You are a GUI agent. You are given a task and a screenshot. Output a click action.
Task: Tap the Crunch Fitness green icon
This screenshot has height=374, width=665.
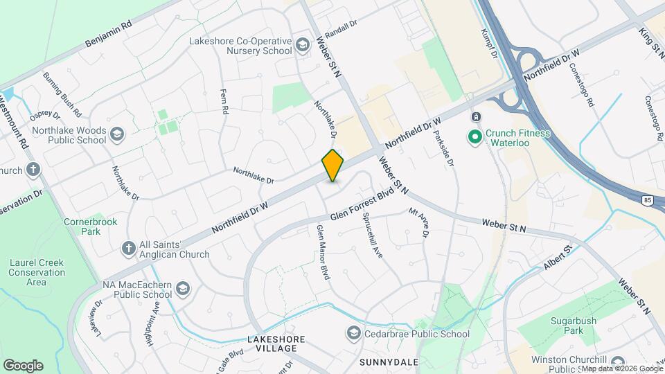click(475, 137)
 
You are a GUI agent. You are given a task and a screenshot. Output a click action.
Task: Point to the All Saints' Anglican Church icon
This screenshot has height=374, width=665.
click(127, 248)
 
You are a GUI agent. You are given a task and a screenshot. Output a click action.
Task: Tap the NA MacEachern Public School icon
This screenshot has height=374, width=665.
click(183, 288)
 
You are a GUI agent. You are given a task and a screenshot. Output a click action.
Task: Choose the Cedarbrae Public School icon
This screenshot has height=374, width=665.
click(354, 334)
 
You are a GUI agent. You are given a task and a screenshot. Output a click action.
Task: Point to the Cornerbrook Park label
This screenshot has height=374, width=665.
click(91, 227)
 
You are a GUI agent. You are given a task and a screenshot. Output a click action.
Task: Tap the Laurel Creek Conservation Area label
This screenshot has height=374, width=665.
click(37, 272)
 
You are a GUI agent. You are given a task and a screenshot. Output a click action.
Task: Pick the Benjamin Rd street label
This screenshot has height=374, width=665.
click(108, 33)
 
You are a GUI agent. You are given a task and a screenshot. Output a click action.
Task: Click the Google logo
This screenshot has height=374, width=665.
click(23, 366)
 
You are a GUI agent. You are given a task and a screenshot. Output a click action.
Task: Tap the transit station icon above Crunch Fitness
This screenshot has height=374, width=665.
click(476, 116)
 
